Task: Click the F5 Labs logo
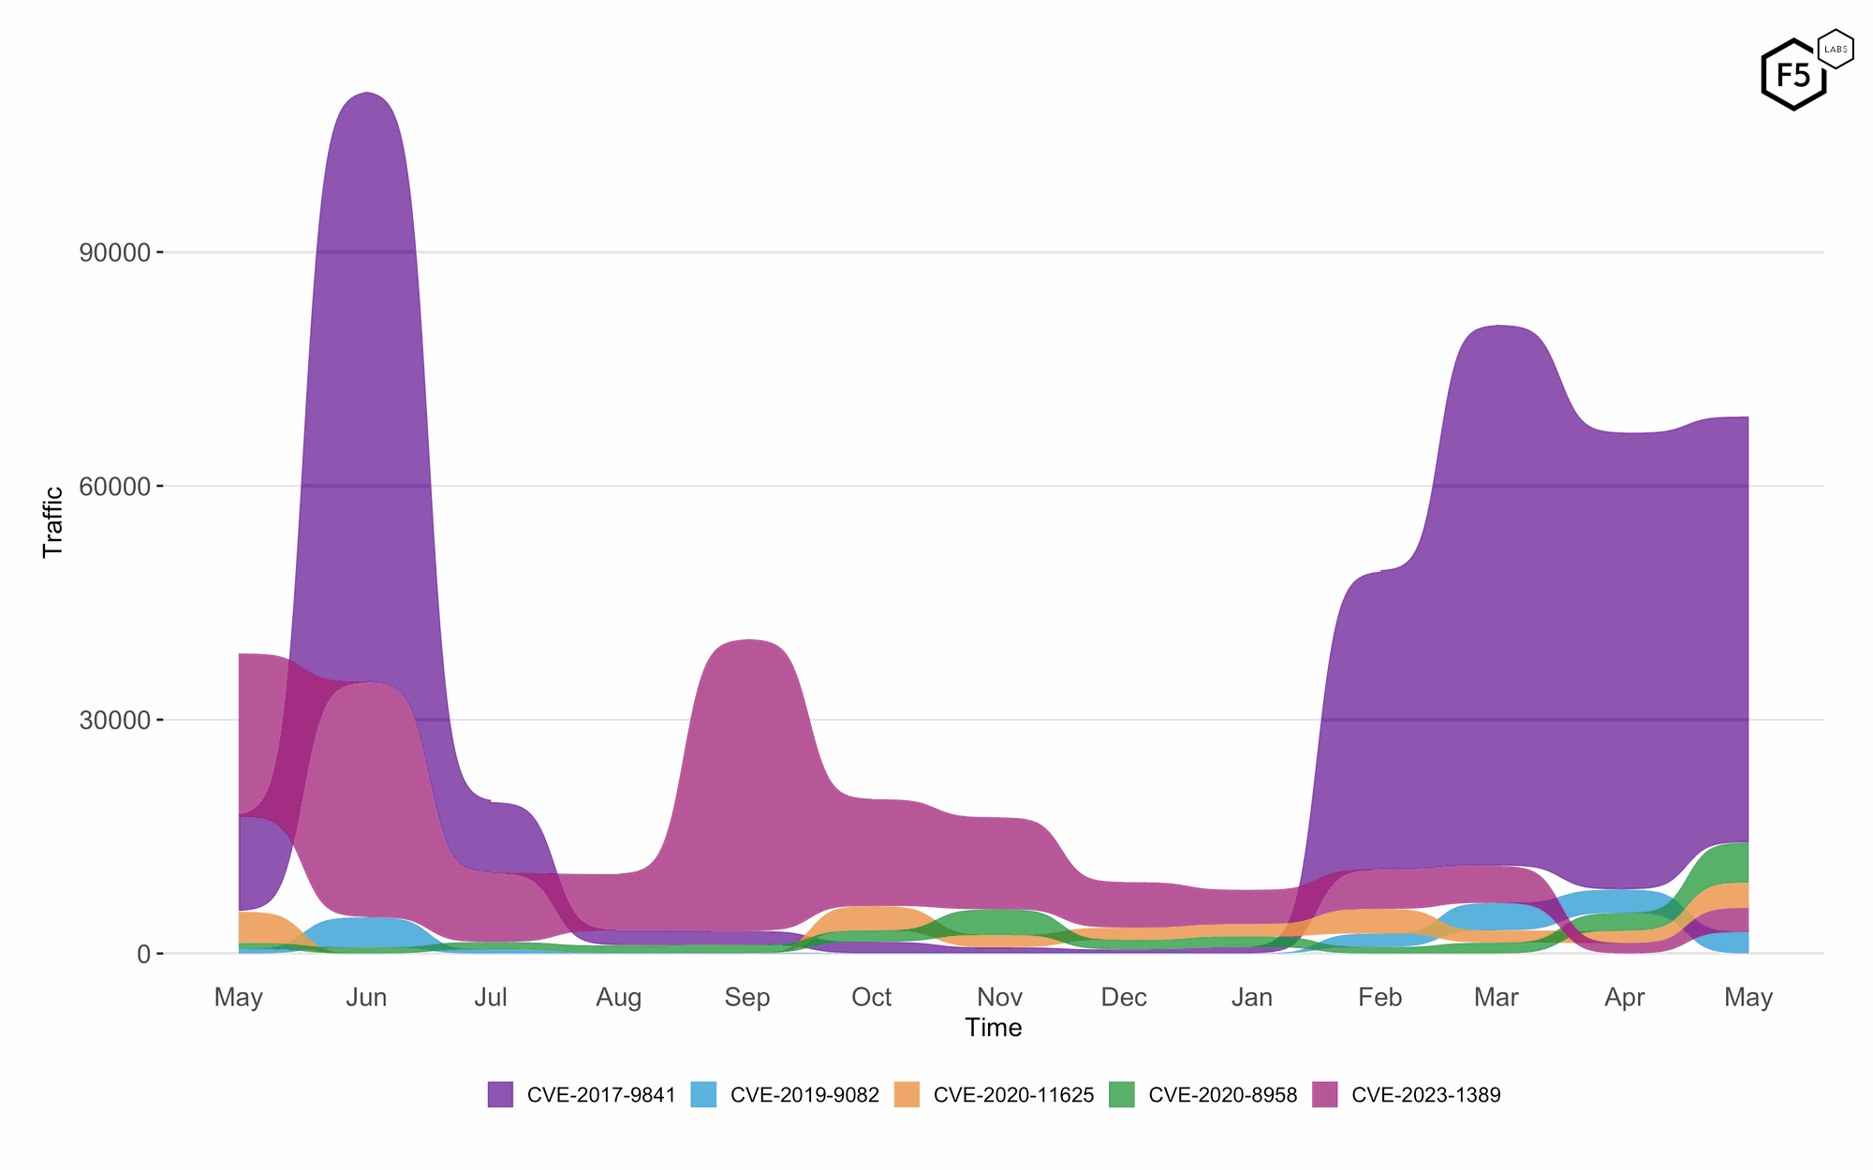1804,72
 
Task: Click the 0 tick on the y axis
143,955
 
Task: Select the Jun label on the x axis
366,998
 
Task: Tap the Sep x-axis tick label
746,998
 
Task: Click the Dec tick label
1124,998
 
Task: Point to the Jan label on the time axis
1252,998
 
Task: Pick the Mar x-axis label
1497,998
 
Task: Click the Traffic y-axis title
53,521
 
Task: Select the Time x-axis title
993,1028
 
